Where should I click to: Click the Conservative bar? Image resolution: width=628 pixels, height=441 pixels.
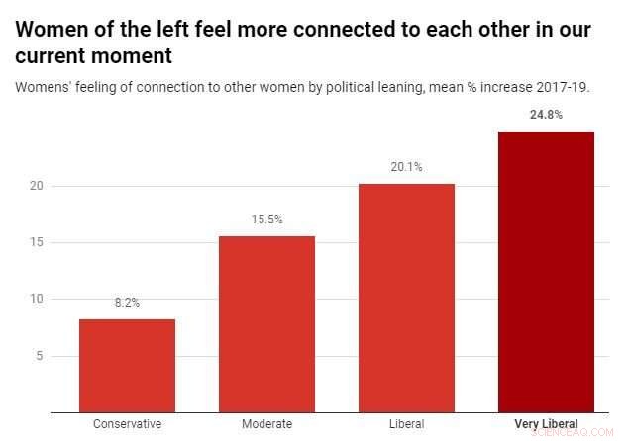pos(127,365)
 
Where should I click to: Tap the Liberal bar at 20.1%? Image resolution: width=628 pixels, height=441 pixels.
pos(406,298)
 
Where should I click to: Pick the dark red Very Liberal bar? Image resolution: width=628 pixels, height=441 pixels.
pos(546,271)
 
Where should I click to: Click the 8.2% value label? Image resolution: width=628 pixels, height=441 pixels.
pos(127,303)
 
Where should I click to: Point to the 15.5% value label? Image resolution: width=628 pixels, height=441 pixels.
pos(266,220)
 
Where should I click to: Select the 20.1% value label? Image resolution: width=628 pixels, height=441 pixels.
pos(406,167)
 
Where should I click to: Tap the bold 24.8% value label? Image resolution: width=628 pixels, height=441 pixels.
pos(546,115)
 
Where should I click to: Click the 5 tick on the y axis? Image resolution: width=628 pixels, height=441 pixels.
pos(37,356)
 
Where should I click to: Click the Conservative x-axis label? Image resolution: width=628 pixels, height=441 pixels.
pos(127,424)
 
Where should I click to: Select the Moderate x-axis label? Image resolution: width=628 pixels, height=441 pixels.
pos(266,424)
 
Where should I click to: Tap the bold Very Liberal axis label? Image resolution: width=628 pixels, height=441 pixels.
pos(546,424)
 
